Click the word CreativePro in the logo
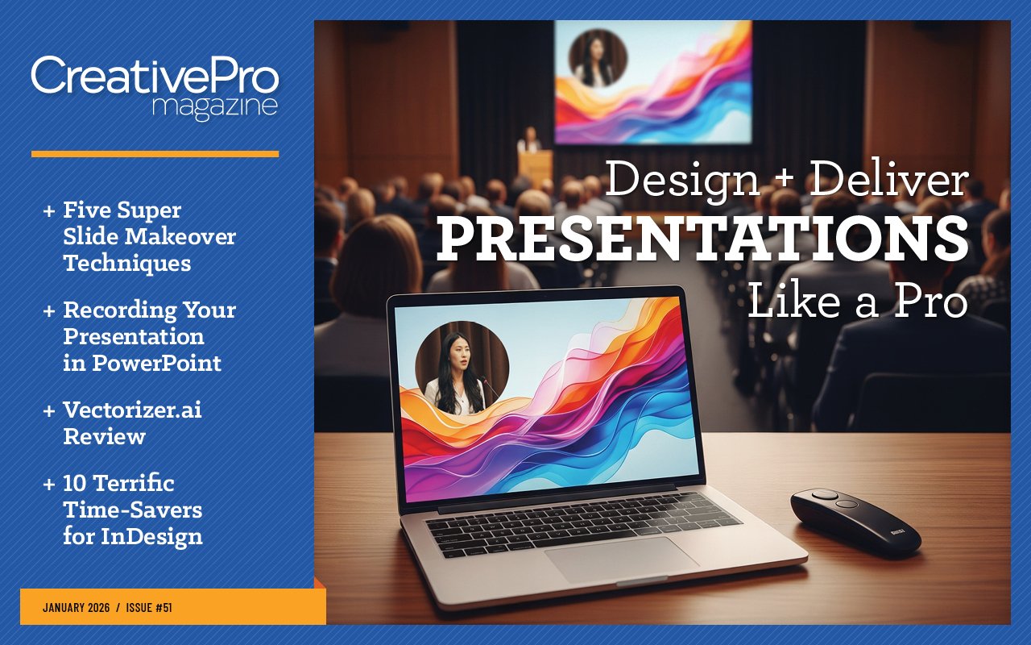click(155, 75)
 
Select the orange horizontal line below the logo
click(155, 154)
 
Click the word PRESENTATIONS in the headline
click(702, 239)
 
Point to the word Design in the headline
click(682, 181)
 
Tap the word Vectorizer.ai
click(133, 410)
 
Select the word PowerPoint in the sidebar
click(156, 364)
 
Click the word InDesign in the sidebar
click(151, 537)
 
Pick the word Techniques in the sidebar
click(127, 264)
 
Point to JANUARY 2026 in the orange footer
click(77, 608)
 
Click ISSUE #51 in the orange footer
click(149, 608)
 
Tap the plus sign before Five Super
click(49, 211)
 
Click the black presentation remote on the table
click(855, 523)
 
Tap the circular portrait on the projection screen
click(598, 59)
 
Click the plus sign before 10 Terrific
click(49, 485)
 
